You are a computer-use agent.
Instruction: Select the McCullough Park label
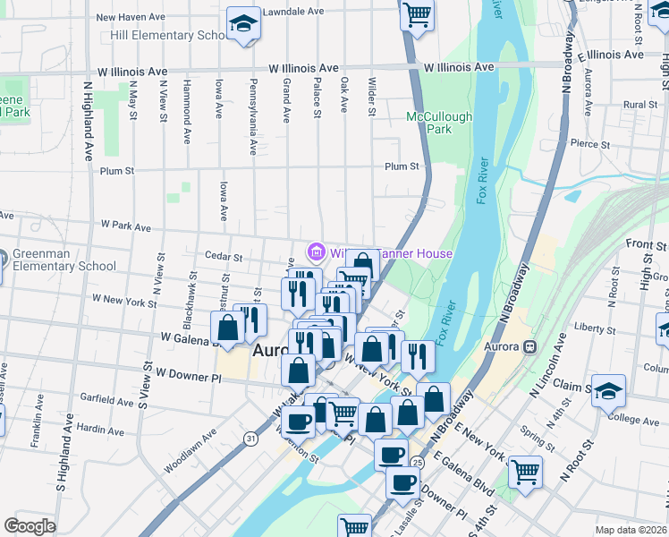[440, 123]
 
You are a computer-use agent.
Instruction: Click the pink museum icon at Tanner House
[315, 253]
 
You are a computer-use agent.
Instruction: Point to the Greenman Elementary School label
[64, 260]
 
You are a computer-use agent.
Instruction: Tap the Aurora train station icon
[530, 346]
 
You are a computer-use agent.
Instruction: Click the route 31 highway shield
[251, 438]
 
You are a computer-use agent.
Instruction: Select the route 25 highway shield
[418, 462]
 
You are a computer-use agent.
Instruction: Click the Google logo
[30, 525]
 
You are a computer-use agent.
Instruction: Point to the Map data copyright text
[631, 530]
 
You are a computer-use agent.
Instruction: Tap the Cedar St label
[224, 257]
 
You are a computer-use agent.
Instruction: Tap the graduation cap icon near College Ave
[608, 390]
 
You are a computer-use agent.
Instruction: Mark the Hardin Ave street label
[100, 429]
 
